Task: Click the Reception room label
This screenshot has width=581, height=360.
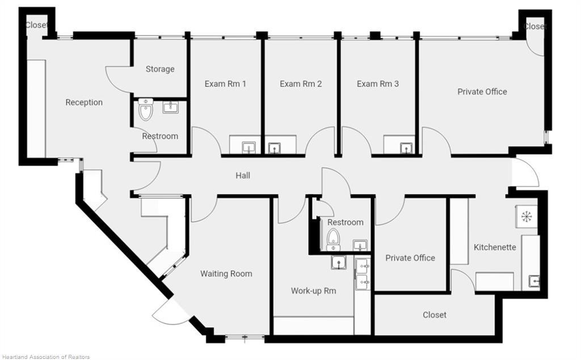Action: point(84,102)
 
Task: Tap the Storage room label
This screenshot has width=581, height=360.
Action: point(160,69)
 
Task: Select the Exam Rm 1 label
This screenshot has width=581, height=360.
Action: point(225,84)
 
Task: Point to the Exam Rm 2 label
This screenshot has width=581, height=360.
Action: point(301,84)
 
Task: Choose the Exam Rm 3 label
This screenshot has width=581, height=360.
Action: point(378,84)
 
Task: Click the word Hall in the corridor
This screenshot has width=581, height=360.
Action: point(243,175)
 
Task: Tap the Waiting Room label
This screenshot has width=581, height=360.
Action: point(226,274)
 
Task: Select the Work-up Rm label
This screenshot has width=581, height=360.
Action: point(313,291)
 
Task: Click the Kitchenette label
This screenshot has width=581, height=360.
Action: point(495,247)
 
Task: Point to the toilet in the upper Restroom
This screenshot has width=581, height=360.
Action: point(145,109)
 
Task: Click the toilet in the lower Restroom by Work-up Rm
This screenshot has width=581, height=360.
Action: point(333,239)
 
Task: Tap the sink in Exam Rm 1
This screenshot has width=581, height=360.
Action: point(249,148)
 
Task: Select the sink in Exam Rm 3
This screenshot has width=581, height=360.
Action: point(406,148)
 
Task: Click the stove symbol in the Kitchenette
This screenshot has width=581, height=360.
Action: point(527,217)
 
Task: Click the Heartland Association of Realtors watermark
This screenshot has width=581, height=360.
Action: point(46,357)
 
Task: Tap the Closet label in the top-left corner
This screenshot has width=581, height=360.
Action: point(36,25)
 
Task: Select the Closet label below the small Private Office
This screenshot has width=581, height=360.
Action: point(435,315)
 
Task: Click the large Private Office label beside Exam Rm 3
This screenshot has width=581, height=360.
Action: point(482,91)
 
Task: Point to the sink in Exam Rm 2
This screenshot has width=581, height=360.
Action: point(274,148)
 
